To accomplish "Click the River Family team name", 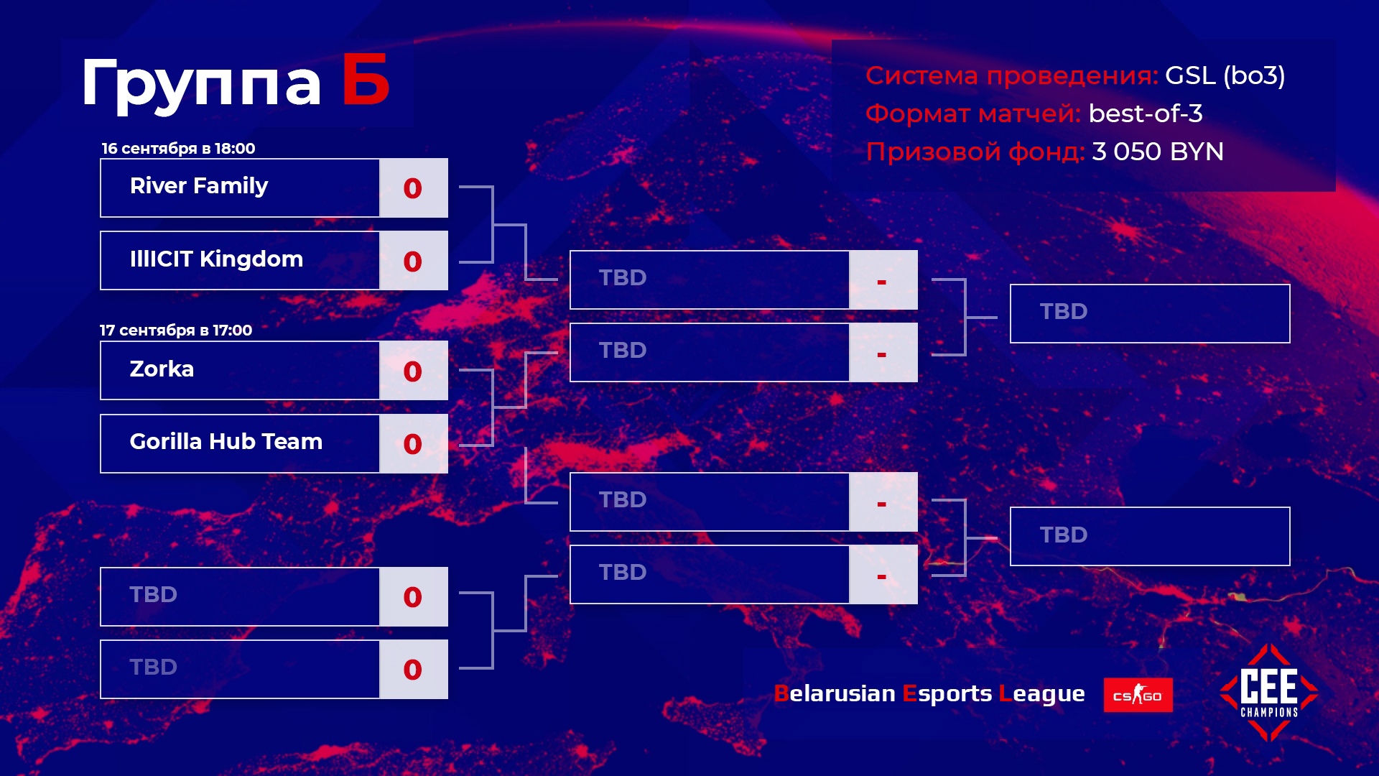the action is [x=199, y=186].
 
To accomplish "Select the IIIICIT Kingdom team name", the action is [x=216, y=259].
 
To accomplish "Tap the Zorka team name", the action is [x=162, y=369].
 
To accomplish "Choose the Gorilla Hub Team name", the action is [x=226, y=441].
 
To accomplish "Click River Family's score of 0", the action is [x=412, y=188].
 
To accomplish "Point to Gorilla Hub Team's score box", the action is [x=414, y=443].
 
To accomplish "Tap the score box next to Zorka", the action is [x=414, y=370].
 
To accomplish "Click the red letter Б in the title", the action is [x=366, y=80].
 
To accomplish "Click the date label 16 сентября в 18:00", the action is [x=178, y=149].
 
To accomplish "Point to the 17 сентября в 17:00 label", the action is [x=176, y=331].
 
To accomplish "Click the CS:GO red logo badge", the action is [x=1138, y=695].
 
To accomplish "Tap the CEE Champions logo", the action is [x=1269, y=692].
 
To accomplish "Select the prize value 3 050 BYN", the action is [x=1158, y=152].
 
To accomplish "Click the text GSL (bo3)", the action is [x=1225, y=75].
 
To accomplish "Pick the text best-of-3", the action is [x=1146, y=114].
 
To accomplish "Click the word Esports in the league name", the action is [x=947, y=694].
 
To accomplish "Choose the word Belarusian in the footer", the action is [x=835, y=693].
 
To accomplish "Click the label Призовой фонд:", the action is [x=975, y=152].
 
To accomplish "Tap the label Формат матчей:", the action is [x=973, y=114].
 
